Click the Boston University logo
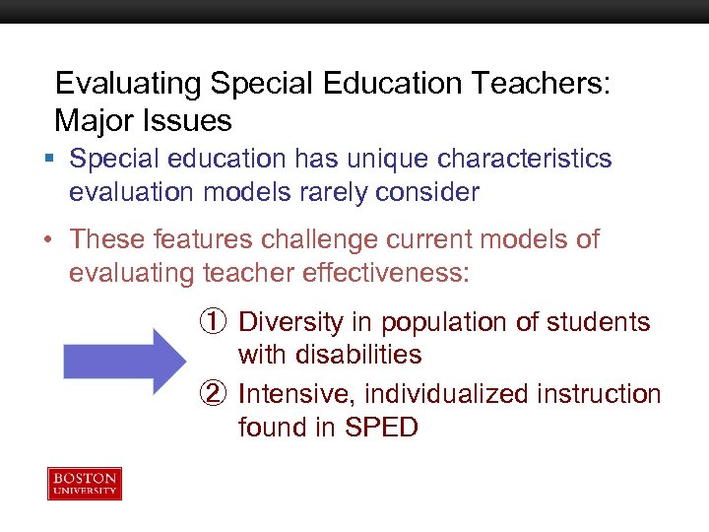[85, 484]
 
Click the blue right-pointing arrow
[124, 362]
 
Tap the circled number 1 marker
[213, 322]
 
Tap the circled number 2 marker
[213, 394]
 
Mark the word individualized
[448, 394]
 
